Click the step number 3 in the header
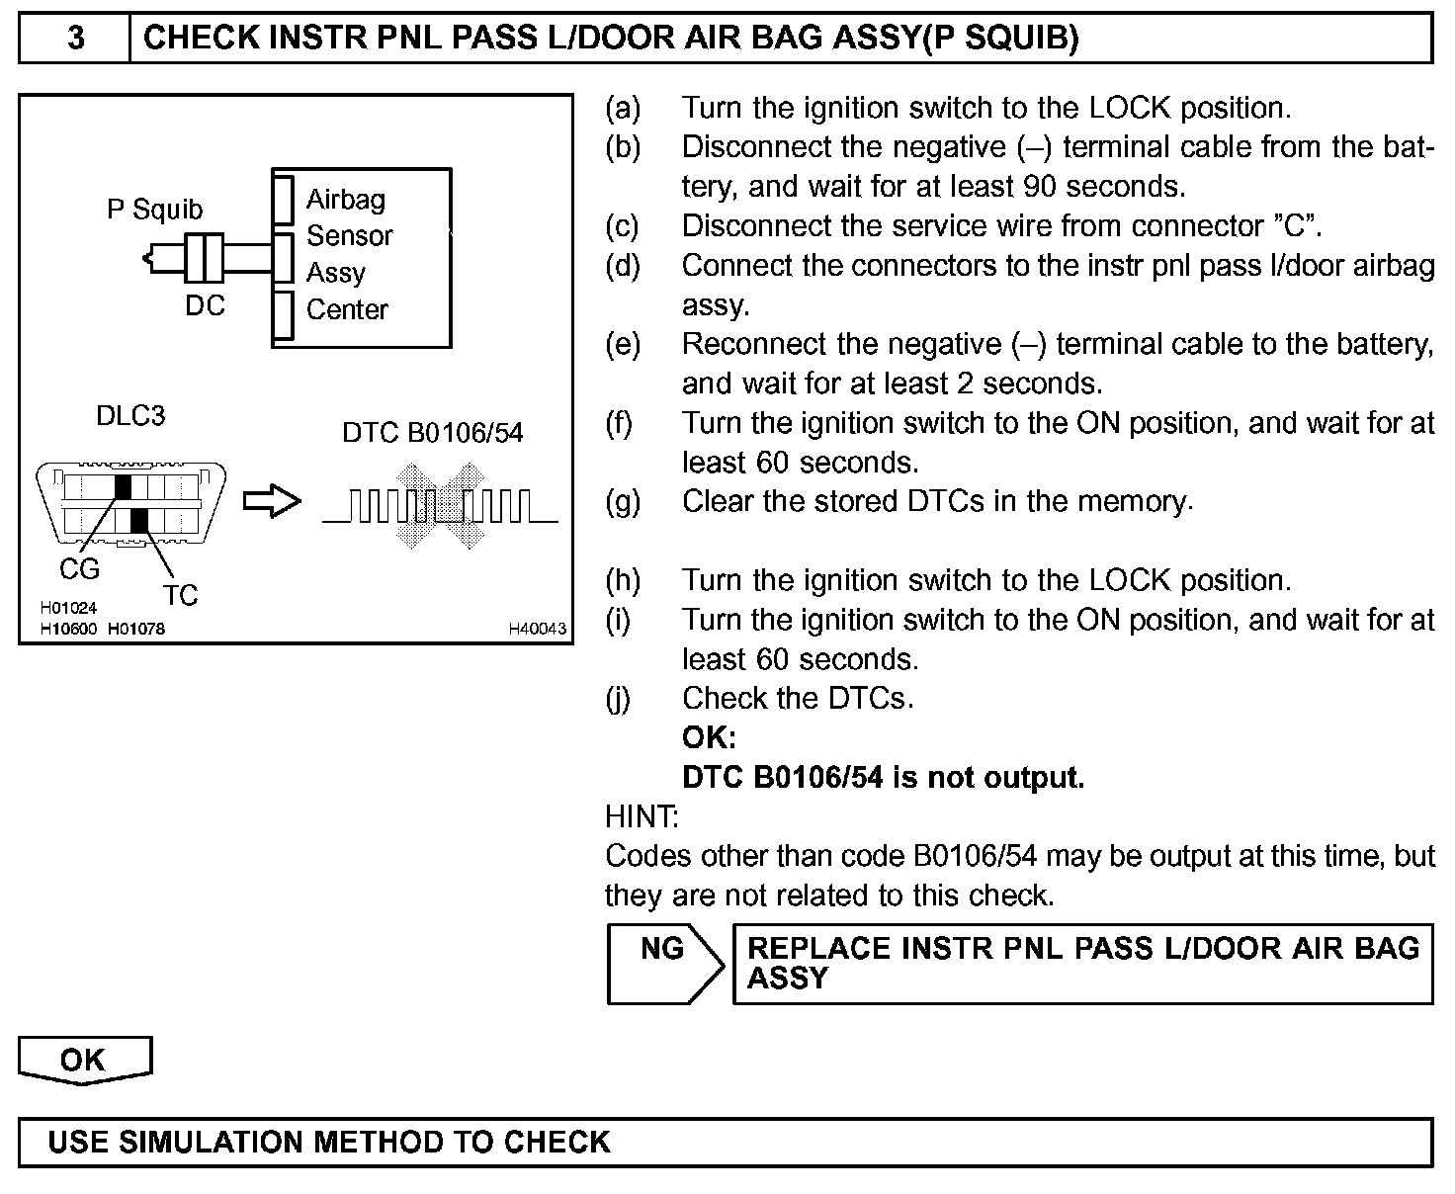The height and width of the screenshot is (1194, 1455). pyautogui.click(x=75, y=39)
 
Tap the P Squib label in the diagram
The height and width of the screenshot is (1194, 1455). pyautogui.click(x=154, y=210)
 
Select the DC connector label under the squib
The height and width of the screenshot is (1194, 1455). pyautogui.click(x=205, y=305)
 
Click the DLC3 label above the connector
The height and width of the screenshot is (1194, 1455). pyautogui.click(x=130, y=416)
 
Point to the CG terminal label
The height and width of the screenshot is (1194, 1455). pyautogui.click(x=79, y=569)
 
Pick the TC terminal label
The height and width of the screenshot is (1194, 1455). pyautogui.click(x=180, y=595)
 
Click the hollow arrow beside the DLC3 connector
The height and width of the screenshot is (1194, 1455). pyautogui.click(x=272, y=501)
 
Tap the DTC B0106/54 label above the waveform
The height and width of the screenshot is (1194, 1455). pyautogui.click(x=432, y=433)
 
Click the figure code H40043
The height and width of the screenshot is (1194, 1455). pyautogui.click(x=538, y=629)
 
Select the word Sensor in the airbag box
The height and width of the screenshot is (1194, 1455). pyautogui.click(x=349, y=236)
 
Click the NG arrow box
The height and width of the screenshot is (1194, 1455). pyautogui.click(x=663, y=964)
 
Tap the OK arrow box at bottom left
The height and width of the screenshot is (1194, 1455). pyautogui.click(x=84, y=1061)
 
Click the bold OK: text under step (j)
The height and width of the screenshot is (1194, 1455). pyautogui.click(x=709, y=737)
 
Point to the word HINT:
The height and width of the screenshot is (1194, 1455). pyautogui.click(x=642, y=816)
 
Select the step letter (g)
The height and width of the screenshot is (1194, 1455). pyautogui.click(x=623, y=501)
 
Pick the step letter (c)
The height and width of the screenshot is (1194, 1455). pyautogui.click(x=623, y=225)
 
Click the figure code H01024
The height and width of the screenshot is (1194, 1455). pyautogui.click(x=68, y=609)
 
